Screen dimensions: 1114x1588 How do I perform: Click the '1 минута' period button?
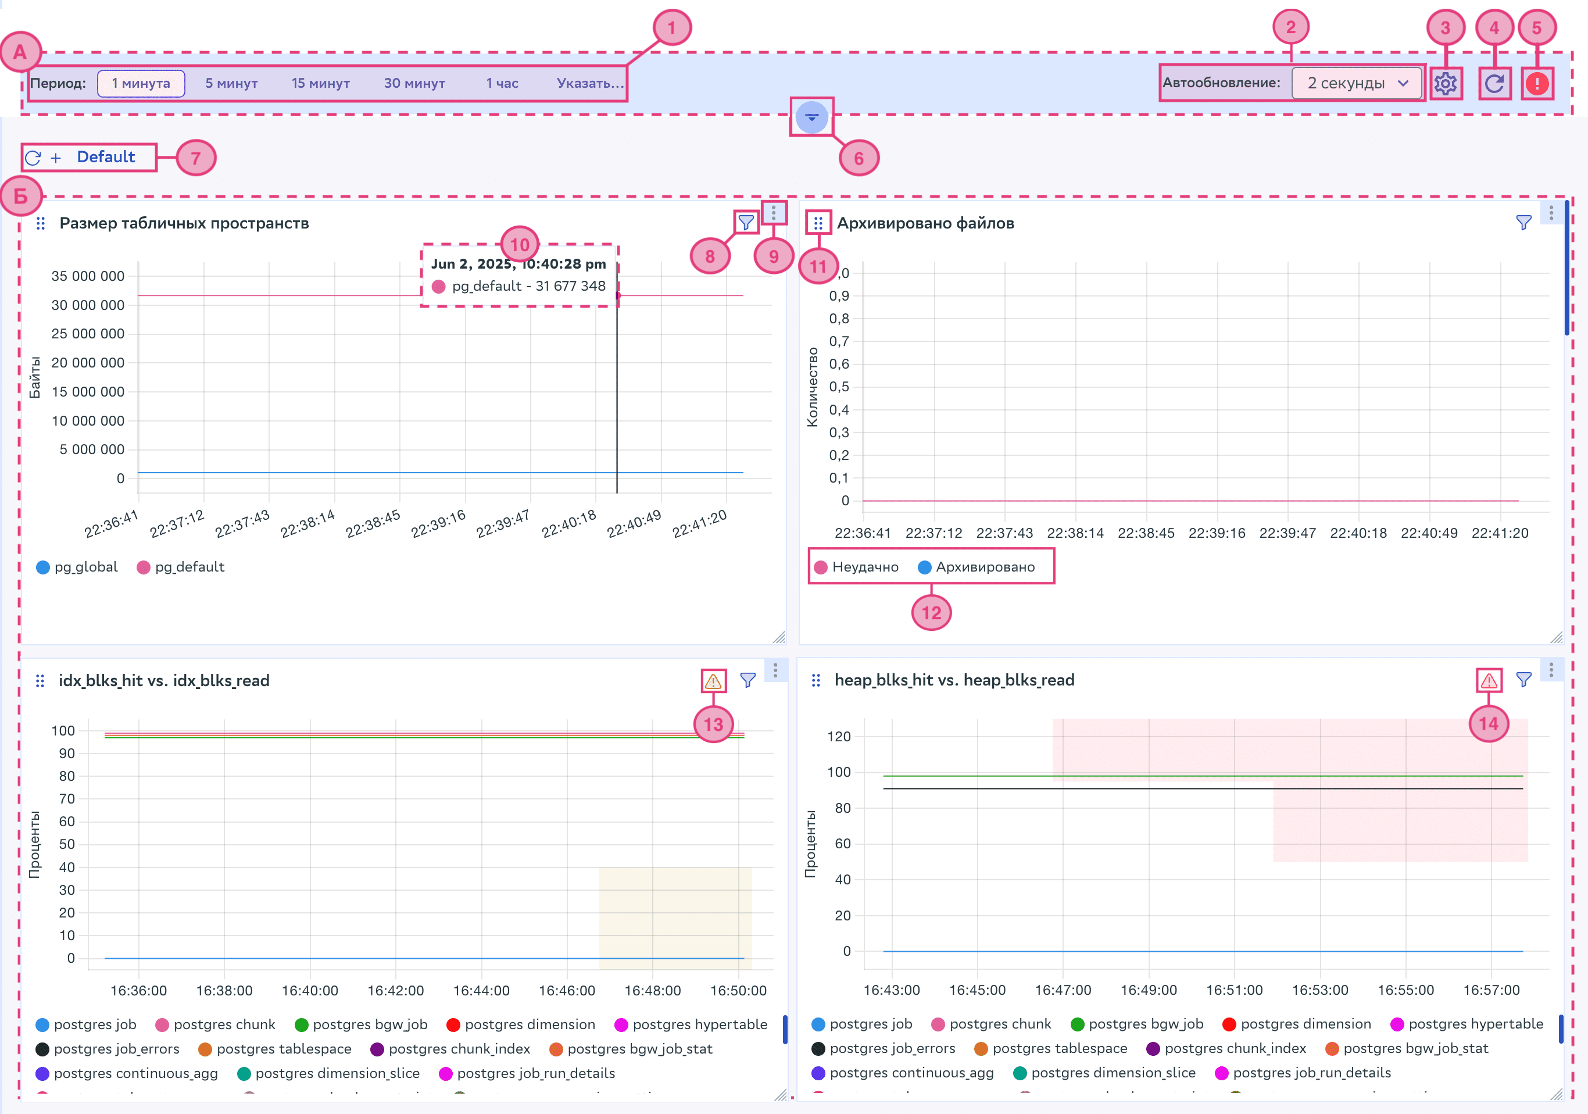pos(141,83)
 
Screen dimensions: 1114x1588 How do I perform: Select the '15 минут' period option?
pos(320,83)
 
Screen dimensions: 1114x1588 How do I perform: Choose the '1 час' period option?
pos(502,83)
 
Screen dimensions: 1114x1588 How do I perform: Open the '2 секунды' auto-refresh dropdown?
pos(1356,83)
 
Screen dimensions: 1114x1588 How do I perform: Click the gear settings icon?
pos(1445,84)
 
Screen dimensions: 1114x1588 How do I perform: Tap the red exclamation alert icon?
pos(1537,84)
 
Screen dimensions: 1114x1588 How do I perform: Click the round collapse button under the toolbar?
pos(811,117)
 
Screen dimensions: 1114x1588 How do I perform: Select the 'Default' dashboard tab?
pos(106,157)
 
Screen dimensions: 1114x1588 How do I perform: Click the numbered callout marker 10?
pos(520,244)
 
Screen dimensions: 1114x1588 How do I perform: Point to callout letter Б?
pos(21,196)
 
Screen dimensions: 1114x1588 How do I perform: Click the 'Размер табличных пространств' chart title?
pos(184,223)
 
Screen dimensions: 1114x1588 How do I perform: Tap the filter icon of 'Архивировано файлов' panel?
pos(1523,223)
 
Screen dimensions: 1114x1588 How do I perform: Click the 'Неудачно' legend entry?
pos(864,567)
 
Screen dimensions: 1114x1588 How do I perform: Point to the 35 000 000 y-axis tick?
pos(88,276)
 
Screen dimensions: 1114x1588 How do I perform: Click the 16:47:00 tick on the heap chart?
pos(1063,990)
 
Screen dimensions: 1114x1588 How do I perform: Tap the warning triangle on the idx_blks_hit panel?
pos(713,681)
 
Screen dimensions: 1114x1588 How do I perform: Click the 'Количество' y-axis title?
pos(813,387)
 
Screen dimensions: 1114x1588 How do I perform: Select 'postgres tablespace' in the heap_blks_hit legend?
pos(1060,1048)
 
